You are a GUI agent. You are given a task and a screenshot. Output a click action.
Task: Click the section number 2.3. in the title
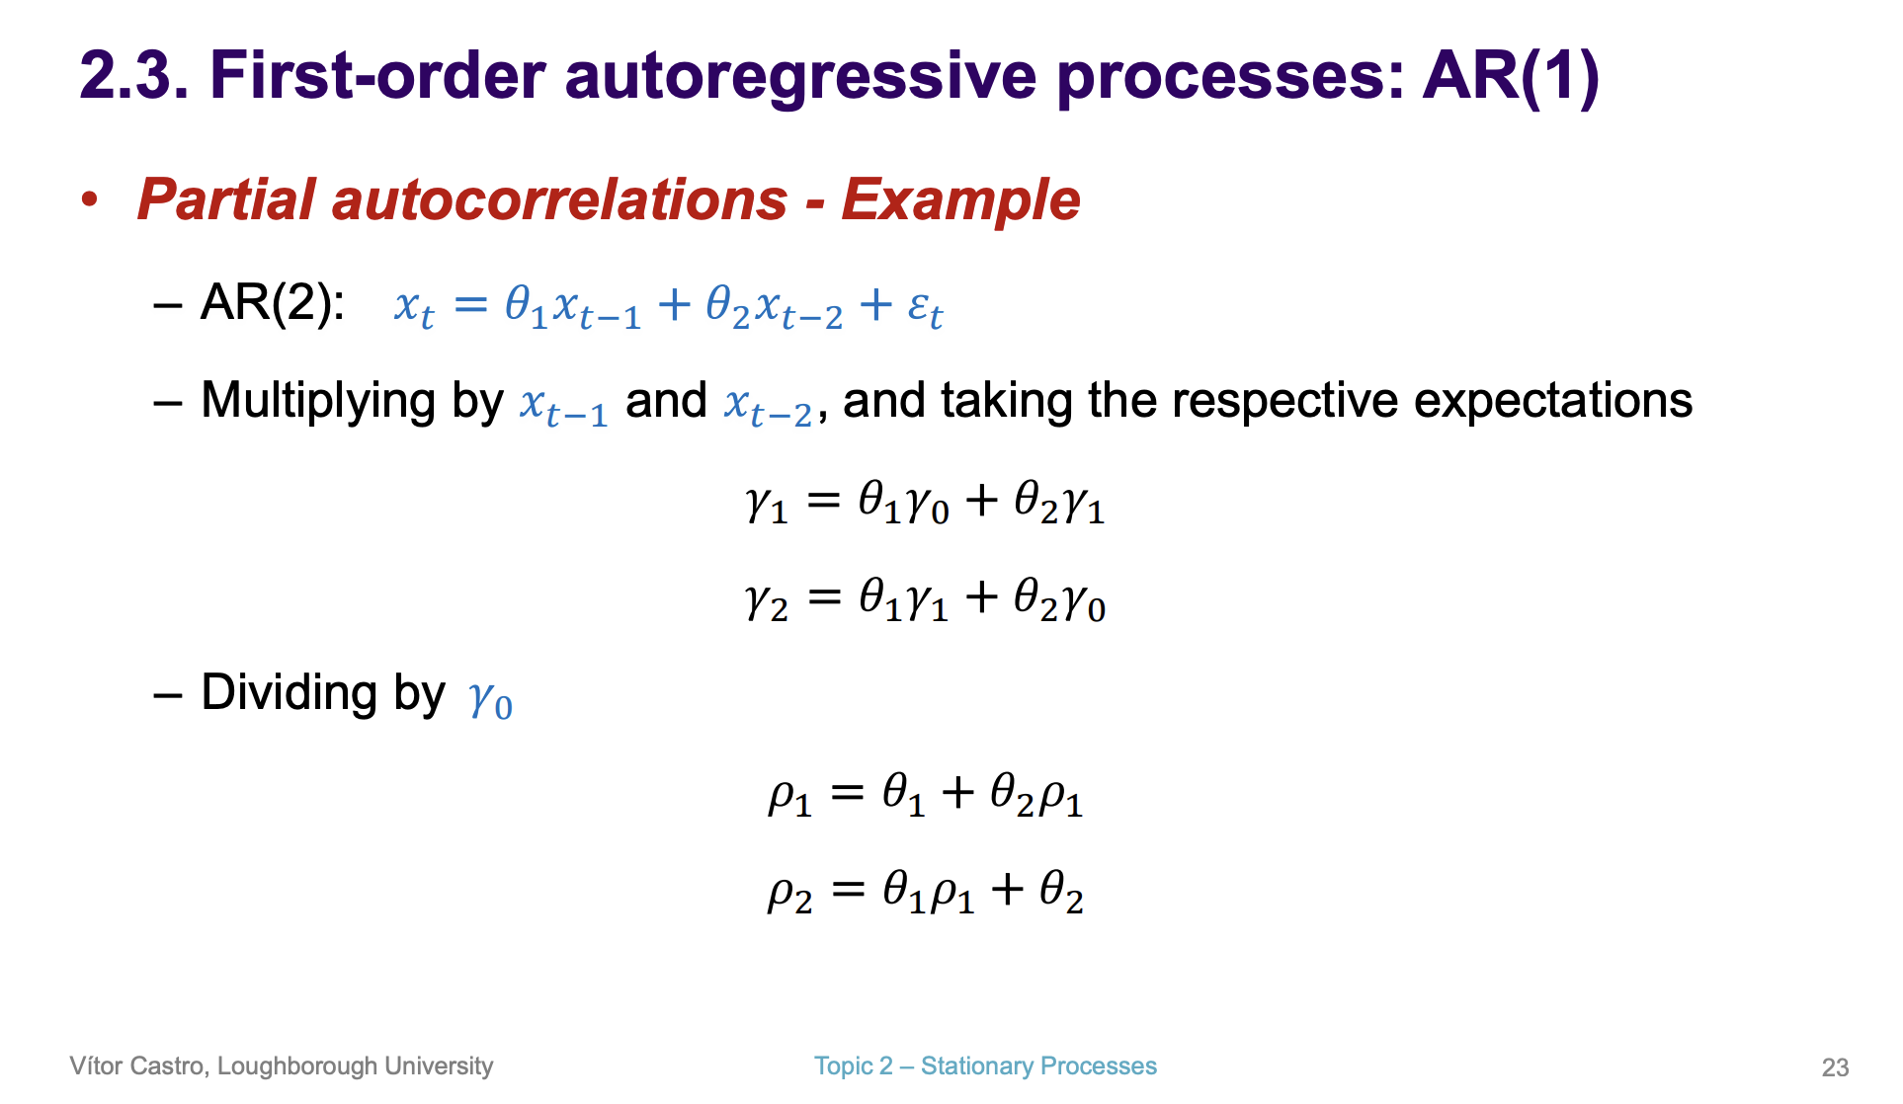(x=133, y=76)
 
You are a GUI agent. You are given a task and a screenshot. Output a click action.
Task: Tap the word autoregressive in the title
(x=800, y=76)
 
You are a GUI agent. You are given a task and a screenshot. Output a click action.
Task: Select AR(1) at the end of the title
(x=1510, y=76)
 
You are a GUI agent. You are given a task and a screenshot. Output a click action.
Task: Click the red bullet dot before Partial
(x=90, y=199)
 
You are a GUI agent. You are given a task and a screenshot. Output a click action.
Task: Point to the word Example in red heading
(x=960, y=199)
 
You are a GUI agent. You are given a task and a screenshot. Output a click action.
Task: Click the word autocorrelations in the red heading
(x=559, y=199)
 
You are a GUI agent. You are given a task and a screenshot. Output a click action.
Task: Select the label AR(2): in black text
(x=272, y=302)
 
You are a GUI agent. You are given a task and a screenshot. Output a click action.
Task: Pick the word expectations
(x=1552, y=401)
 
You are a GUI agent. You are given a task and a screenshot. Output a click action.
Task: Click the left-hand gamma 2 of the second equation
(x=767, y=600)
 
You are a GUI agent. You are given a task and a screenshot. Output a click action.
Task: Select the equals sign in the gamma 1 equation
(x=823, y=503)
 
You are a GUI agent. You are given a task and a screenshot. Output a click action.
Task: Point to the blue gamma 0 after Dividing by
(x=490, y=699)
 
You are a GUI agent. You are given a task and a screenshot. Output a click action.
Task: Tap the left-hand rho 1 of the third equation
(x=789, y=796)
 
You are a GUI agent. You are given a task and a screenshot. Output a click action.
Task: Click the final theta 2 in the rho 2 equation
(x=1061, y=892)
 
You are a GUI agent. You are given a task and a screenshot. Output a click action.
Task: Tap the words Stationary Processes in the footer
(x=1038, y=1066)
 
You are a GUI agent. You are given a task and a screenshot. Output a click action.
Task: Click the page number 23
(x=1835, y=1067)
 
